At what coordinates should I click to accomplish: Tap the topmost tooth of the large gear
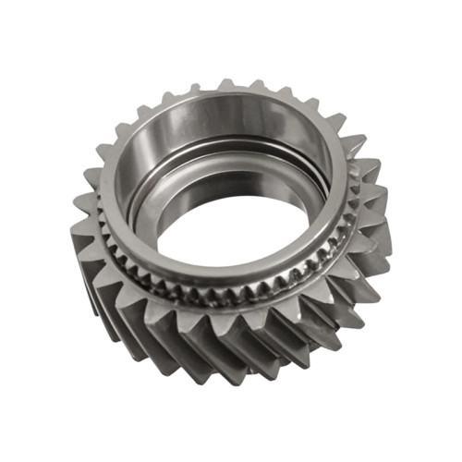click(226, 86)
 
